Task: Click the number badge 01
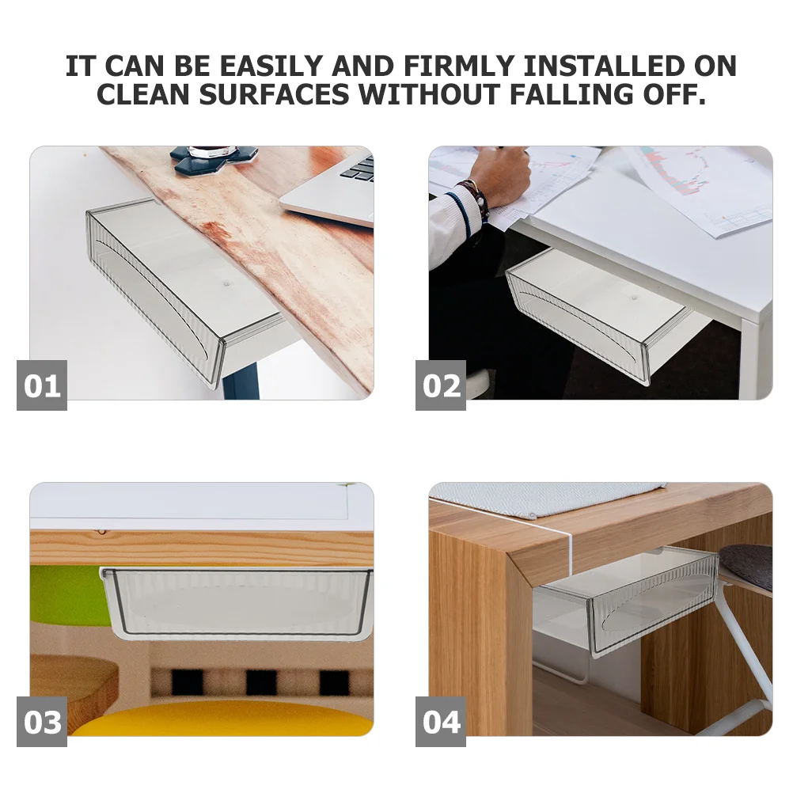(x=42, y=385)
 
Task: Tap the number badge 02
(x=441, y=385)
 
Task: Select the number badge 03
(x=42, y=722)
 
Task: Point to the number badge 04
(x=441, y=722)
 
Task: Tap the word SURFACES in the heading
(x=274, y=95)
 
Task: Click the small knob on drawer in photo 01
(x=226, y=281)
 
